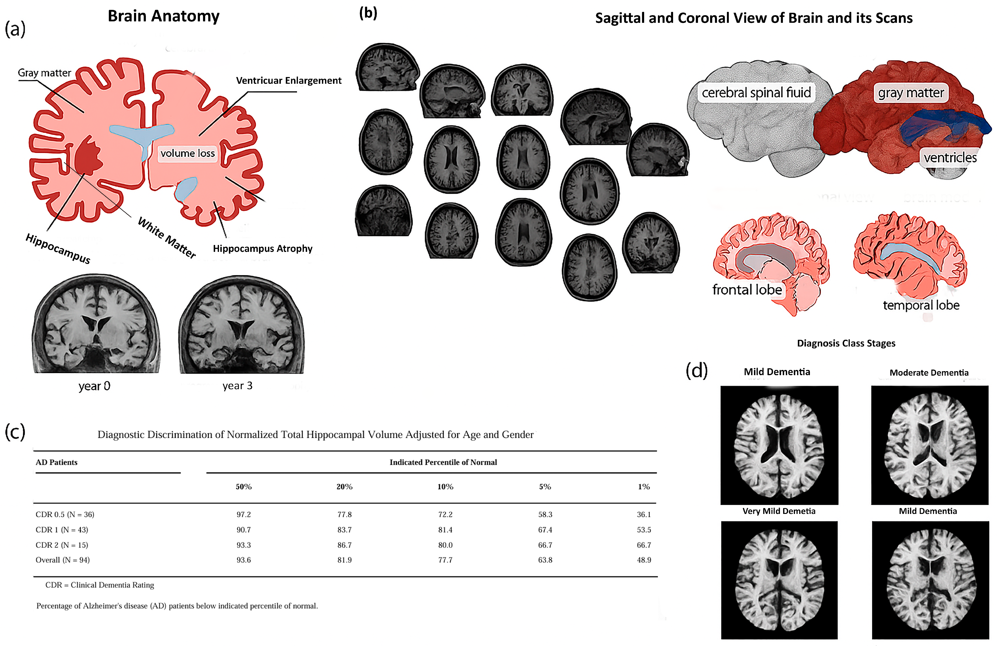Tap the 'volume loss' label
point(187,153)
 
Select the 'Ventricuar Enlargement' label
point(288,80)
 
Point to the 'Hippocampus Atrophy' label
point(263,249)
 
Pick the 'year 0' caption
point(94,386)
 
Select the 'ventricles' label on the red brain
point(950,158)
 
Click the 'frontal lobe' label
point(747,290)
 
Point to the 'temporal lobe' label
point(921,305)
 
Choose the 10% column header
point(445,487)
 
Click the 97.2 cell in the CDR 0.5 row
point(244,514)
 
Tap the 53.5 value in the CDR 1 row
point(644,530)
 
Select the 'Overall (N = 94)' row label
point(62,560)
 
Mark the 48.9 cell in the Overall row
point(644,560)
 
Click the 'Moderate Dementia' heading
point(929,373)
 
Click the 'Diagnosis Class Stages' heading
point(846,343)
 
